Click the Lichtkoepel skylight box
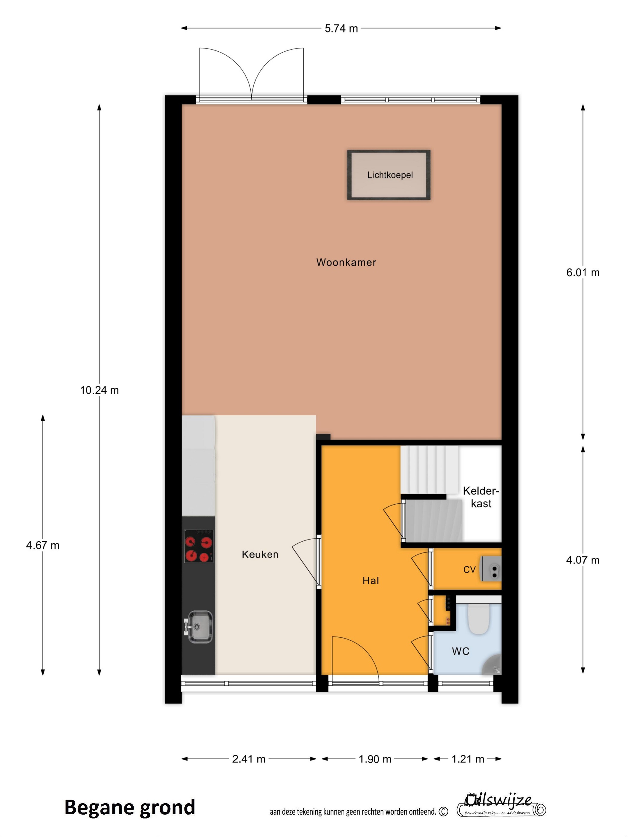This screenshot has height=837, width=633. point(389,175)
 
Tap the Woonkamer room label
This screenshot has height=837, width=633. point(346,262)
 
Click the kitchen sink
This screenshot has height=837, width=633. point(199,627)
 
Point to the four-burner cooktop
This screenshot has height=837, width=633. point(199,546)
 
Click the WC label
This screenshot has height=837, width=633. point(461,651)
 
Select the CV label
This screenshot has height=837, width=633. point(469,569)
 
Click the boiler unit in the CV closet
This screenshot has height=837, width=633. point(491,569)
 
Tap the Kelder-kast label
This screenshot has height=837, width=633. point(481,497)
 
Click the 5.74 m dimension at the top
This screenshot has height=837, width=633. point(341,28)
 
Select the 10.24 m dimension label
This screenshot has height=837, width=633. point(100,390)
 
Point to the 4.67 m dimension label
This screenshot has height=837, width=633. point(43,545)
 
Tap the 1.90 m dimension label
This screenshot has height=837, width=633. point(375,759)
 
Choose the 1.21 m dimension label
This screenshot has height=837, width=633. point(468,759)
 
